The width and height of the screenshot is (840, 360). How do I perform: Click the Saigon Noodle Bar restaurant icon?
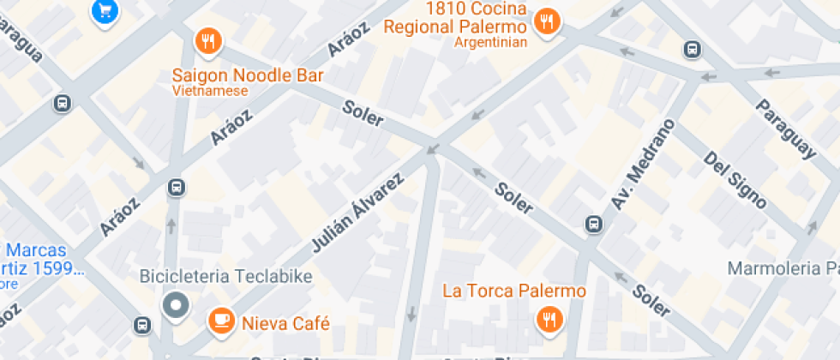[208, 40]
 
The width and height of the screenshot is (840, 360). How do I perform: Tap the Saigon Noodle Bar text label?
[248, 75]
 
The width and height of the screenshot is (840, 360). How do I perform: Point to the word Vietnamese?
[209, 91]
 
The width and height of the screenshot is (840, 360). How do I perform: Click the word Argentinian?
[490, 43]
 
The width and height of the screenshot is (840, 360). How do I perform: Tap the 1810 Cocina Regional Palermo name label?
[454, 18]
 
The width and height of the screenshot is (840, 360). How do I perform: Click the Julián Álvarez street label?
[357, 213]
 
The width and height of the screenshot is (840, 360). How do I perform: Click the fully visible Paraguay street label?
[785, 129]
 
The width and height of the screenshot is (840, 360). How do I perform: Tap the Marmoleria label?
[782, 269]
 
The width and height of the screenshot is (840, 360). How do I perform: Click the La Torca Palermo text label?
[514, 291]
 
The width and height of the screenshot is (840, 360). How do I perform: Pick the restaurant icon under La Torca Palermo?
[547, 321]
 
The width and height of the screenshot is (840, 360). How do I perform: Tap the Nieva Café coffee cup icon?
[222, 321]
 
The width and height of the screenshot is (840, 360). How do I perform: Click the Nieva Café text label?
[286, 323]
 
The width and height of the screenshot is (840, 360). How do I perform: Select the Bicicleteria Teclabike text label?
[226, 277]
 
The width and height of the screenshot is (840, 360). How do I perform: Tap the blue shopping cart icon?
[105, 10]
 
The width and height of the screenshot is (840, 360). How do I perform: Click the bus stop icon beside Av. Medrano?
[592, 224]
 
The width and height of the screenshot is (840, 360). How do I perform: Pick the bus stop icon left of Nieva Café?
[142, 325]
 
